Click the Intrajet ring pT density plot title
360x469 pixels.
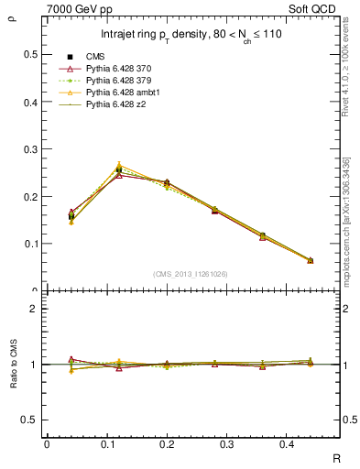tap(191, 36)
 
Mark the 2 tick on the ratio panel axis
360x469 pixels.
tap(34, 309)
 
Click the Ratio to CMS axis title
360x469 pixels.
tap(14, 381)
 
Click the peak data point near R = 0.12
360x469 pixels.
tap(118, 169)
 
